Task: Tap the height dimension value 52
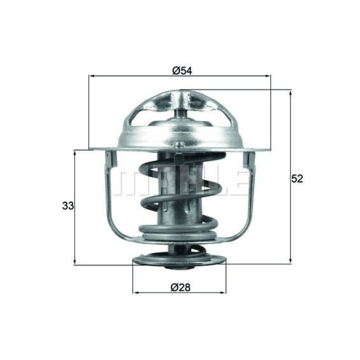297,179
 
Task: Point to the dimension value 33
68,206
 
